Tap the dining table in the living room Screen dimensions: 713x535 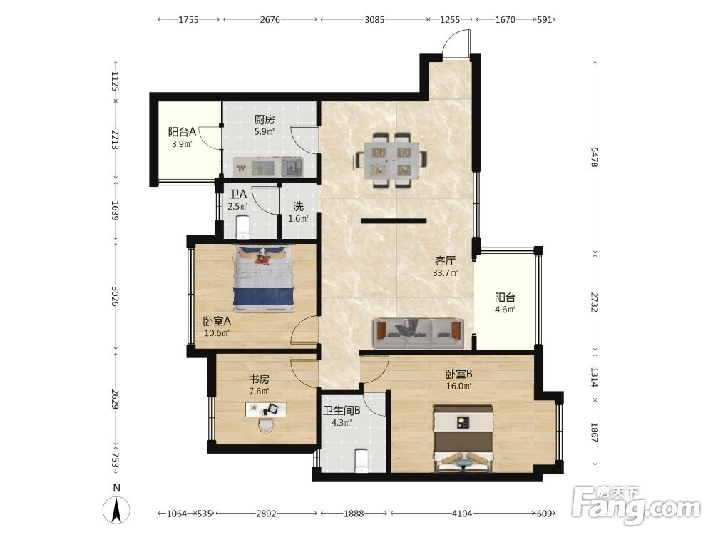click(391, 160)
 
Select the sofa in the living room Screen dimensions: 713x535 click(419, 333)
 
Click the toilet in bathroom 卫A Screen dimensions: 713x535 click(243, 227)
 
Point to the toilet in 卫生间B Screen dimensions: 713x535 click(361, 461)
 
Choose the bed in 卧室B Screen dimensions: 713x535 click(463, 439)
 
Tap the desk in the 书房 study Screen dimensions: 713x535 click(266, 409)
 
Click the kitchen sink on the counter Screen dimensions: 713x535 click(292, 167)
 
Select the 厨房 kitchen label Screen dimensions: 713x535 click(265, 120)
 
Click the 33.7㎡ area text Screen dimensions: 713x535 click(445, 273)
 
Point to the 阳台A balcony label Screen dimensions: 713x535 click(182, 132)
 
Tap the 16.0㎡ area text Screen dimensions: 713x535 click(458, 386)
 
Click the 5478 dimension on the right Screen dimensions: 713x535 click(595, 156)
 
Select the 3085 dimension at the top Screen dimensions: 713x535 click(374, 19)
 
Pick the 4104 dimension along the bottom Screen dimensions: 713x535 click(461, 514)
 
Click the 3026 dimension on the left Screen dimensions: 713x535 click(115, 296)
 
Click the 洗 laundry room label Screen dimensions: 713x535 click(298, 207)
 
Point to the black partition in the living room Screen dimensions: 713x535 click(394, 221)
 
